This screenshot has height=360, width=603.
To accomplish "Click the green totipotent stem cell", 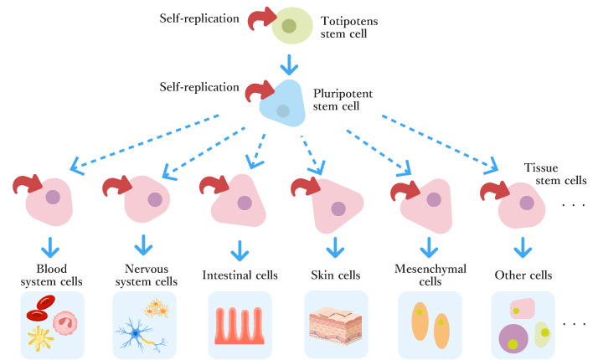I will (x=290, y=27).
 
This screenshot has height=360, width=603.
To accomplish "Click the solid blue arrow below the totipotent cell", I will (x=289, y=64).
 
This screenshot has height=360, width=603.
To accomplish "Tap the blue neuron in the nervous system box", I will (x=134, y=333).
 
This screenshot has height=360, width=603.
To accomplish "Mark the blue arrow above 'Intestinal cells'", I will (x=240, y=248).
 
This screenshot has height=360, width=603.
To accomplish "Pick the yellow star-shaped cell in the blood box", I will (x=39, y=337).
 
